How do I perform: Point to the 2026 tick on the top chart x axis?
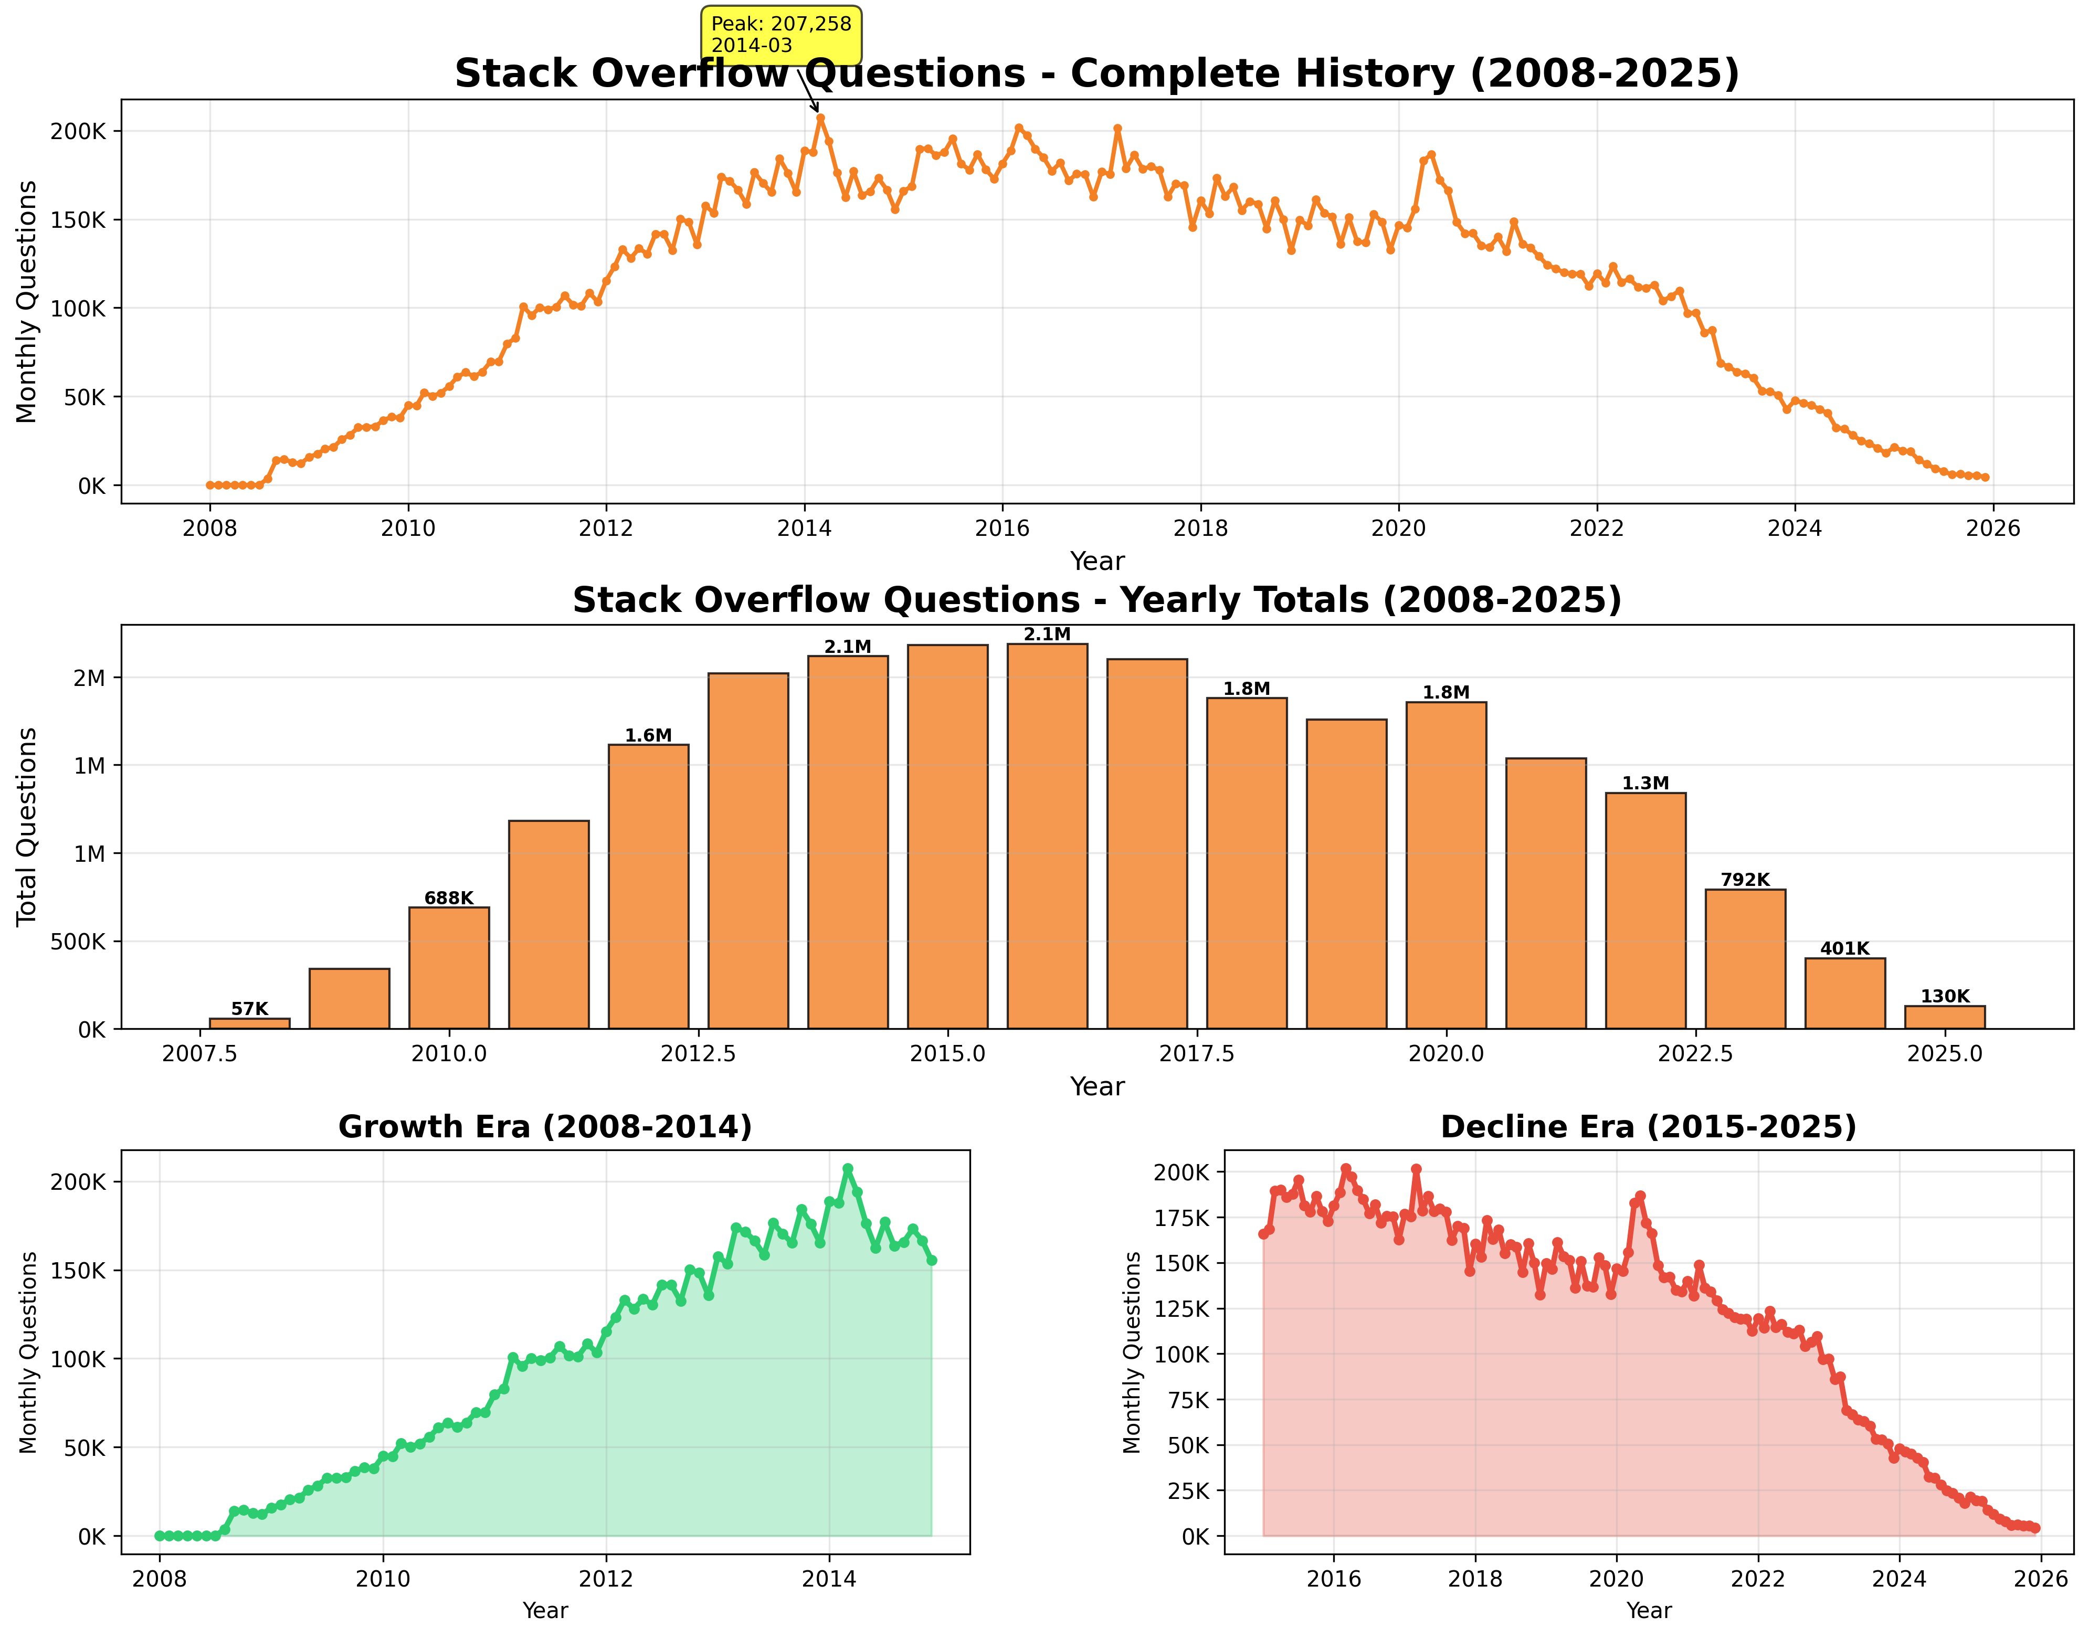pyautogui.click(x=1993, y=529)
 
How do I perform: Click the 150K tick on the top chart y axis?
pyautogui.click(x=79, y=219)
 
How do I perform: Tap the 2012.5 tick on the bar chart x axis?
pyautogui.click(x=698, y=1053)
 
